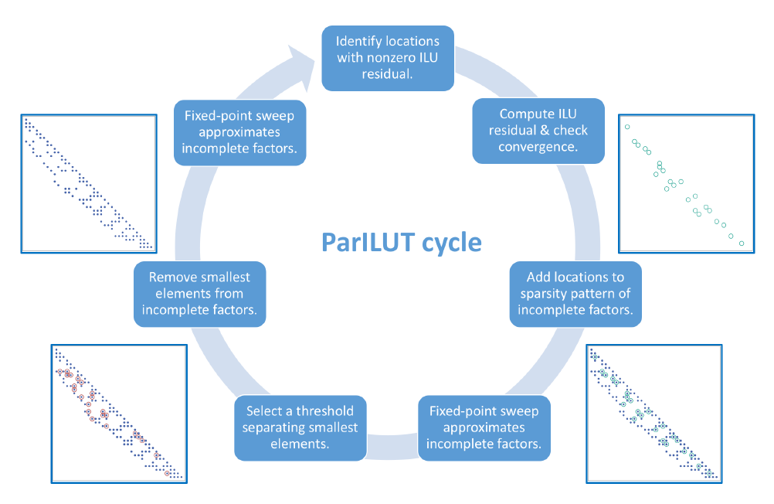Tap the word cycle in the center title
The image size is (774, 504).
tap(451, 243)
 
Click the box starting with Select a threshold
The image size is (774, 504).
tap(300, 427)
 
